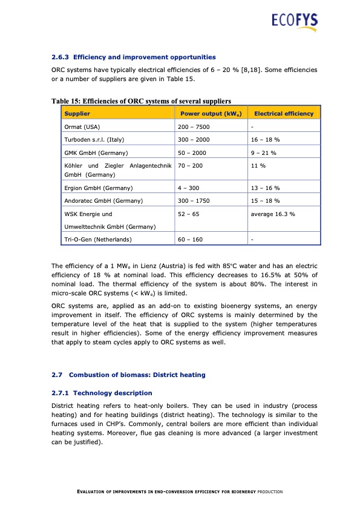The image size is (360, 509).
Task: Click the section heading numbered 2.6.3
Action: (x=134, y=57)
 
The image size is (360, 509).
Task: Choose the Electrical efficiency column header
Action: (x=284, y=114)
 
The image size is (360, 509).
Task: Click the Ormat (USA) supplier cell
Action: (x=84, y=127)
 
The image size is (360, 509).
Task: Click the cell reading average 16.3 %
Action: (x=273, y=214)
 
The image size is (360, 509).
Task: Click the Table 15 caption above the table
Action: (x=141, y=101)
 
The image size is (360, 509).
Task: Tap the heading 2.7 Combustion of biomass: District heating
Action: (x=128, y=375)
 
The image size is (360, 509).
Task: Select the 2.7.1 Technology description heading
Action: (x=97, y=393)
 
